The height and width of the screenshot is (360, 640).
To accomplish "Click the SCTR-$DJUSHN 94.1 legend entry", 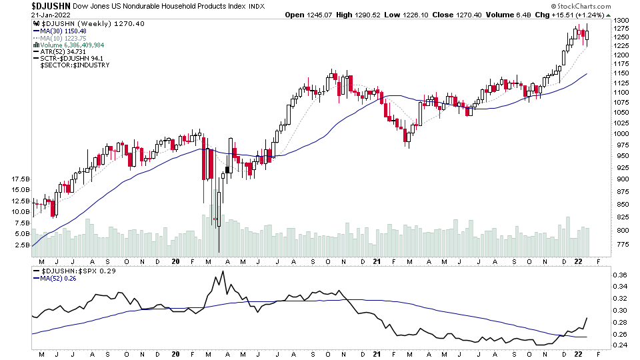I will [74, 59].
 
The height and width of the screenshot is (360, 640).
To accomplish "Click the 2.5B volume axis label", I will [21, 245].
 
